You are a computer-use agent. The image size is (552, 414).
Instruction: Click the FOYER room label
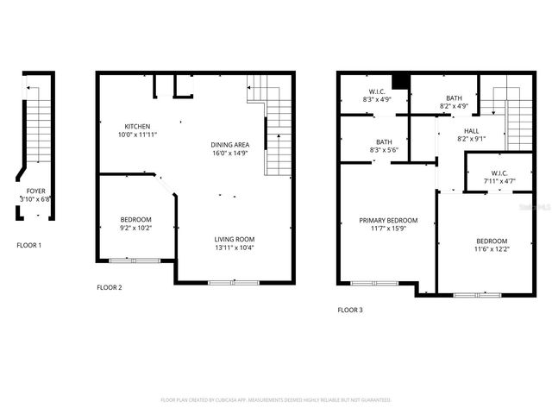pyautogui.click(x=35, y=191)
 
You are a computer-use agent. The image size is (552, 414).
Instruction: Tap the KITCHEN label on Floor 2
pyautogui.click(x=138, y=126)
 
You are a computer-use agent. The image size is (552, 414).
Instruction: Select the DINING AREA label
pyautogui.click(x=230, y=144)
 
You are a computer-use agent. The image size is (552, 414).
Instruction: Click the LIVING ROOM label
pyautogui.click(x=235, y=239)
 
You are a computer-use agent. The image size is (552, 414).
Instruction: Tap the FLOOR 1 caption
pyautogui.click(x=29, y=246)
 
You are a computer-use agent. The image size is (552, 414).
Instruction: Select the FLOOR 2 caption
pyautogui.click(x=110, y=287)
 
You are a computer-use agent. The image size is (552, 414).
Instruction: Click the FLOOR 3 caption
pyautogui.click(x=350, y=310)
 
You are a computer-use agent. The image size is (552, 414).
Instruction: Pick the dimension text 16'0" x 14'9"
pyautogui.click(x=230, y=153)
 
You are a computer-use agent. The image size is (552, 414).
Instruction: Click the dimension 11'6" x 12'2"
pyautogui.click(x=492, y=249)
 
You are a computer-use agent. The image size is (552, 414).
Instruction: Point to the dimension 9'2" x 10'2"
pyautogui.click(x=135, y=228)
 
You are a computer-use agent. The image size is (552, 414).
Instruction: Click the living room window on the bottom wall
pyautogui.click(x=234, y=282)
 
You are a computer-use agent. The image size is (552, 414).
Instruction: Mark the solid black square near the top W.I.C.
pyautogui.click(x=398, y=82)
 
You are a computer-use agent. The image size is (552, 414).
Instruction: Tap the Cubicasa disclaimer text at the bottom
pyautogui.click(x=276, y=400)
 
